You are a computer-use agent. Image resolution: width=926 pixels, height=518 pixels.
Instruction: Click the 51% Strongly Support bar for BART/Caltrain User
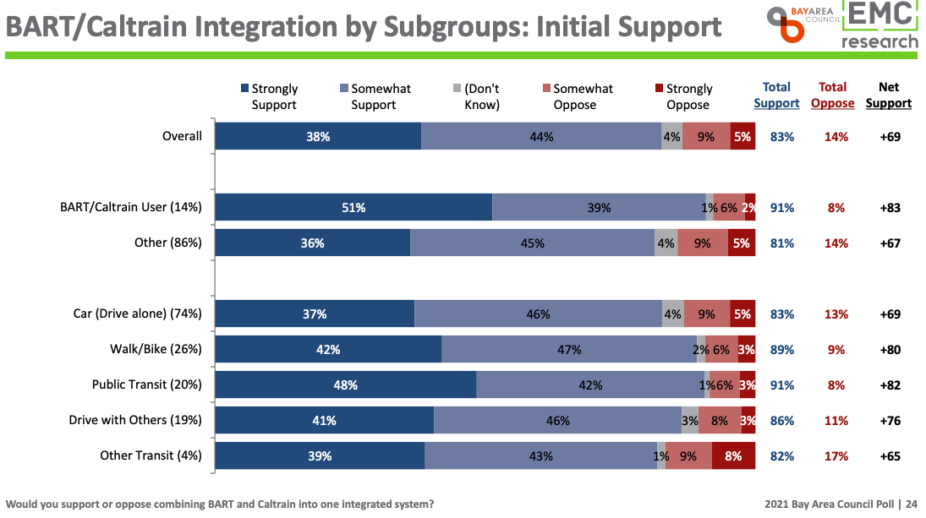pos(353,208)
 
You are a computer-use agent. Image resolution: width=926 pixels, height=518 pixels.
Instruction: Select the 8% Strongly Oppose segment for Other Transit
pos(733,456)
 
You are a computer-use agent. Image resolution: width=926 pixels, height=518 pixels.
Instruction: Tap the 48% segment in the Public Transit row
pos(345,385)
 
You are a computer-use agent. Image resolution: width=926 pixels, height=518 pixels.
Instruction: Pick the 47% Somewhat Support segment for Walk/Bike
pos(568,350)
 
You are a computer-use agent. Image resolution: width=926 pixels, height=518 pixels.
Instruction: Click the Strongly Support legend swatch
pos(245,89)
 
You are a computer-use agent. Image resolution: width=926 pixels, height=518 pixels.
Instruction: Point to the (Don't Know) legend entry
pos(482,96)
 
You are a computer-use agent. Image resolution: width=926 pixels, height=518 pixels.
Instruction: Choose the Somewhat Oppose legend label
pos(583,96)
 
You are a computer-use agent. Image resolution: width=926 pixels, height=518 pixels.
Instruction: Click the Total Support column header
pos(776,95)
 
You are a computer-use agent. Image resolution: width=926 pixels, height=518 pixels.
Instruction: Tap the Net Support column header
pos(889,95)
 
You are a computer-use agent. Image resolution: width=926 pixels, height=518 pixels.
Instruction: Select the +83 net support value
pos(889,208)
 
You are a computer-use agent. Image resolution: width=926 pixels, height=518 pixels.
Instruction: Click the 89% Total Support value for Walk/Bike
pos(782,350)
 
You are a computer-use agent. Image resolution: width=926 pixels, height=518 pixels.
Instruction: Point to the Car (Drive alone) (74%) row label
pos(137,314)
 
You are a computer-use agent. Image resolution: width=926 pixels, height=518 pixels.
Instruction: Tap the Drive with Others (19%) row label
pos(135,420)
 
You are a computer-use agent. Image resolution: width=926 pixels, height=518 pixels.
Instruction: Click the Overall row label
pos(182,136)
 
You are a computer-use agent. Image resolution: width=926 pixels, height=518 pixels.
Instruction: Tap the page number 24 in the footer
pos(912,504)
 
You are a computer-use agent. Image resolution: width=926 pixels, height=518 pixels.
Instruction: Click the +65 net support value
pos(889,456)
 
